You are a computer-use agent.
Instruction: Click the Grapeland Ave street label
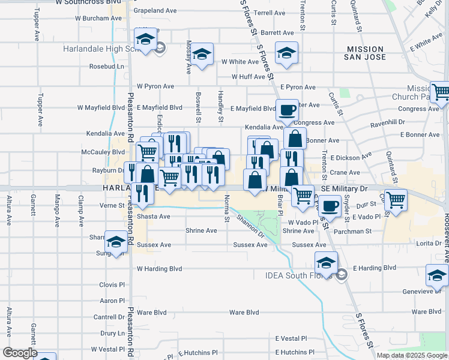click(x=155, y=11)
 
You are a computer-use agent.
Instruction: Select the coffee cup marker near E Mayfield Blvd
click(x=288, y=110)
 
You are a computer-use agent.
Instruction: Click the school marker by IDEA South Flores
click(x=326, y=262)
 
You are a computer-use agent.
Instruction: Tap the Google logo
click(x=20, y=353)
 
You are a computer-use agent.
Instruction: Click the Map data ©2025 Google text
click(x=412, y=355)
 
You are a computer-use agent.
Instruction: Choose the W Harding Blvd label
click(x=159, y=269)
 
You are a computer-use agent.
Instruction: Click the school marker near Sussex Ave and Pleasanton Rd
click(x=116, y=242)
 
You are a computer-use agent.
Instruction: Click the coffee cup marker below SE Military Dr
click(x=328, y=207)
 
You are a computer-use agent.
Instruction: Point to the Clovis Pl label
click(x=112, y=284)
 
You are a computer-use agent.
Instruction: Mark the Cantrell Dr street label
click(x=109, y=317)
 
